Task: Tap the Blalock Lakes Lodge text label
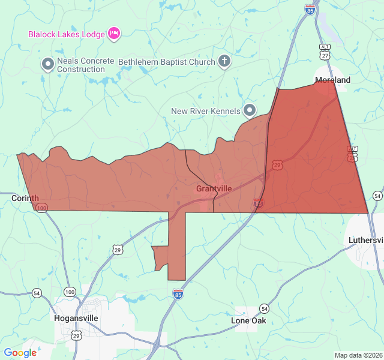click(x=67, y=34)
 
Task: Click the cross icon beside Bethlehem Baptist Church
click(x=224, y=61)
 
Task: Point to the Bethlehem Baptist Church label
click(x=166, y=62)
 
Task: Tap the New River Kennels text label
click(x=206, y=111)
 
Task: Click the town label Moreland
click(x=333, y=80)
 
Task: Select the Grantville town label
click(x=214, y=188)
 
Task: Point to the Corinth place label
click(x=25, y=197)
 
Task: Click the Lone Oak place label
click(x=249, y=321)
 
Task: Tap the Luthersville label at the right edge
click(x=366, y=240)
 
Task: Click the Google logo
click(x=20, y=353)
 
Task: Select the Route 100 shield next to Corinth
click(x=41, y=208)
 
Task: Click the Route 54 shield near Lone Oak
click(x=265, y=308)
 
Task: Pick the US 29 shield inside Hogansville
click(x=77, y=336)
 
